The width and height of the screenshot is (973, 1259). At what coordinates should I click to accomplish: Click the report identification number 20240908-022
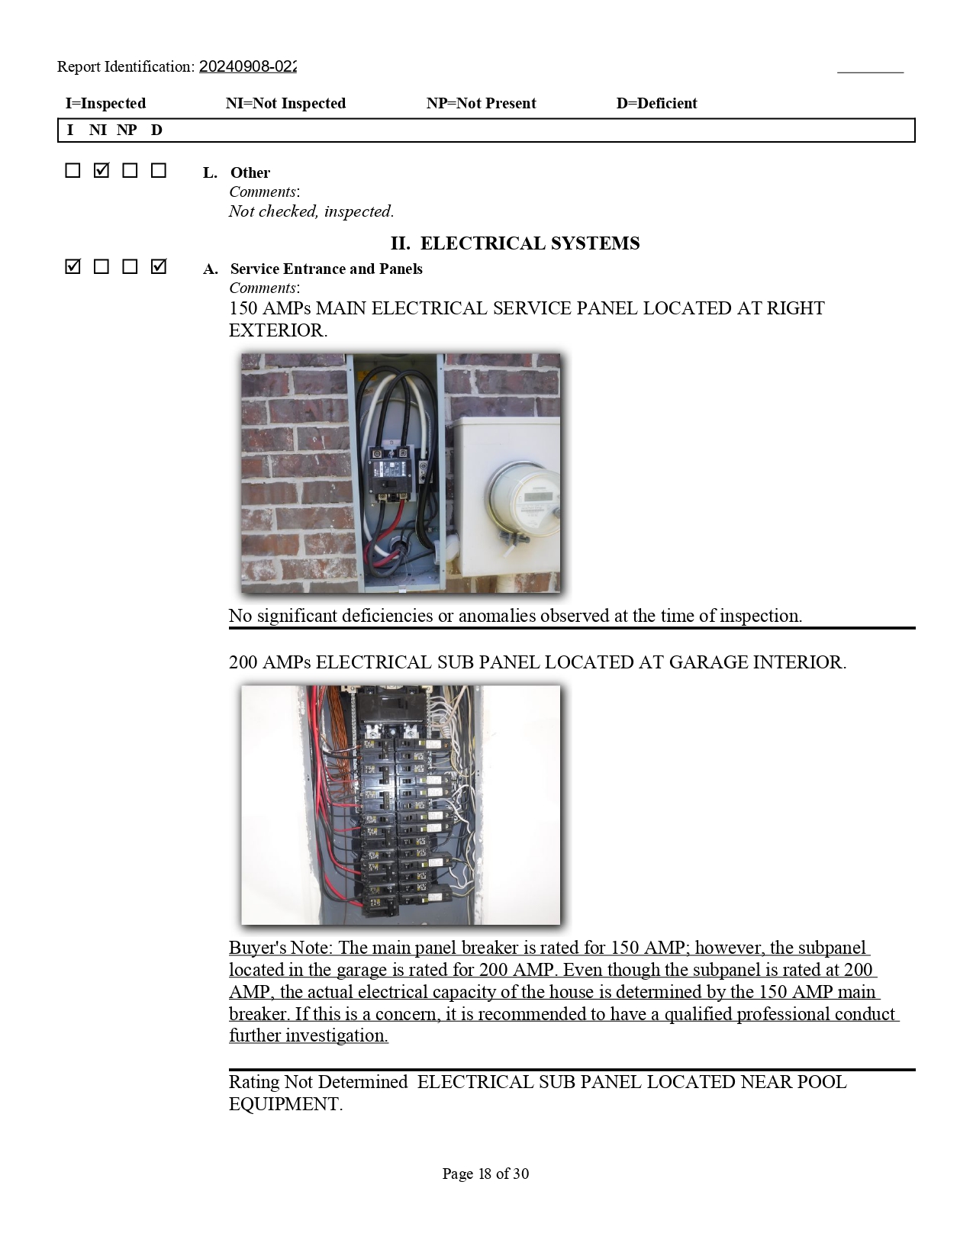coord(247,66)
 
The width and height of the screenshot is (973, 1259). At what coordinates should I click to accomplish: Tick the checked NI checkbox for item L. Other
coord(101,170)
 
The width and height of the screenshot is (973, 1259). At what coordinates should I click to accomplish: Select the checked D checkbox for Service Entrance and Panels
coord(158,266)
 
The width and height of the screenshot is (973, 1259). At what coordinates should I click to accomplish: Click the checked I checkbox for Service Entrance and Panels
coord(72,266)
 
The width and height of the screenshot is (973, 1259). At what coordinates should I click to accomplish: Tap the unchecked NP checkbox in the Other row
coord(130,170)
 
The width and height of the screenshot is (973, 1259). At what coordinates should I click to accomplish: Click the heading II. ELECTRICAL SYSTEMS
coord(515,243)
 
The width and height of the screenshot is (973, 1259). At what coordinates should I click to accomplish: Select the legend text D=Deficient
coord(656,103)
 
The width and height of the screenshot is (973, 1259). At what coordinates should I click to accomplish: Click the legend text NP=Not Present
coord(481,103)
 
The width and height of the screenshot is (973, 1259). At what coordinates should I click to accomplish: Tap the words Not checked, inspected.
coord(311,211)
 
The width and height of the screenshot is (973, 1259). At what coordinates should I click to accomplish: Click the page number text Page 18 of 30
coord(485,1174)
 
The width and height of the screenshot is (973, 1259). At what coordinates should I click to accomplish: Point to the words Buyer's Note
coord(281,947)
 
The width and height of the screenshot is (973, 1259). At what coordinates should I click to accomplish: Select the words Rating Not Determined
coord(318,1082)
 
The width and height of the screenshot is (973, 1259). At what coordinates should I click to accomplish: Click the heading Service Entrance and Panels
coord(327,269)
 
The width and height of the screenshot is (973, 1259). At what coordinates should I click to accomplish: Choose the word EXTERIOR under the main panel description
coord(279,330)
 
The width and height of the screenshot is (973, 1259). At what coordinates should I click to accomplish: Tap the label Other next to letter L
coord(250,172)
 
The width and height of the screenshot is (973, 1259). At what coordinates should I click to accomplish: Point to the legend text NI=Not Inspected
coord(285,103)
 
